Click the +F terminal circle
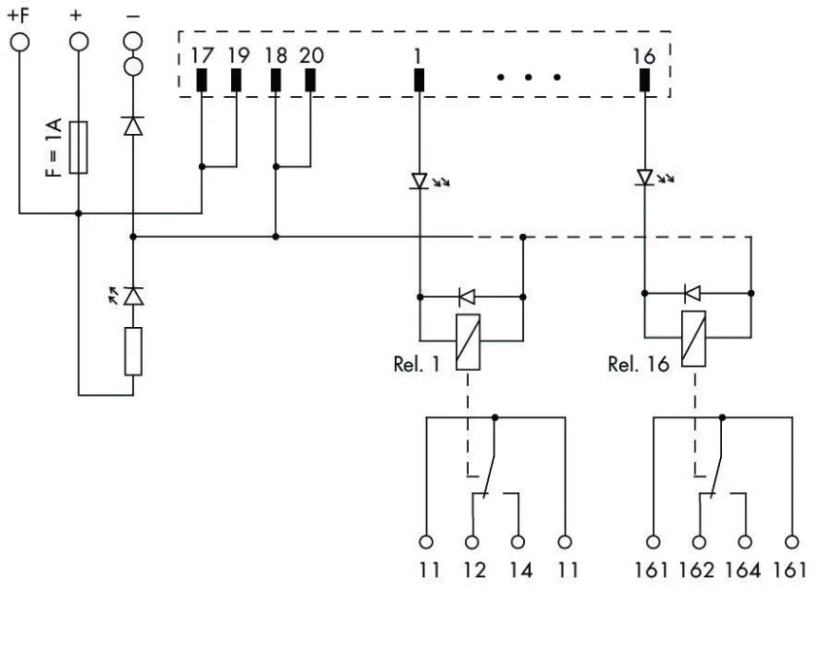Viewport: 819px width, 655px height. click(19, 42)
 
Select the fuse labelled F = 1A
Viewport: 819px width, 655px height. click(79, 147)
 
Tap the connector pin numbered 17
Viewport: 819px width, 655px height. click(202, 80)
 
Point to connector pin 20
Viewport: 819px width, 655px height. click(311, 80)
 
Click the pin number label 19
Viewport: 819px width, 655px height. click(240, 55)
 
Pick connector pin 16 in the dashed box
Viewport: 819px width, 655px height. click(644, 80)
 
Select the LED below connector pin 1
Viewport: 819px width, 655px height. click(419, 180)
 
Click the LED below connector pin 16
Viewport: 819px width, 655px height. click(645, 178)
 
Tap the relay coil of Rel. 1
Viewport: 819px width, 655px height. click(468, 343)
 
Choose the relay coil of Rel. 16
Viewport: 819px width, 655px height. click(694, 339)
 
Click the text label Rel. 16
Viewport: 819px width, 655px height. click(639, 364)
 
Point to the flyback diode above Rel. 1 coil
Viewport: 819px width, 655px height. click(467, 297)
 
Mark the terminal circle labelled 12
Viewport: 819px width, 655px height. click(472, 542)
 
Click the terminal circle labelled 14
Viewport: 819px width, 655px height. click(517, 542)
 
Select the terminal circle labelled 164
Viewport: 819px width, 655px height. click(745, 542)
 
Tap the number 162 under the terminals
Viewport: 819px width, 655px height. click(697, 570)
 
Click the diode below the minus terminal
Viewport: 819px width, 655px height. click(133, 126)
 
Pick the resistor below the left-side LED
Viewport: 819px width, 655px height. click(133, 351)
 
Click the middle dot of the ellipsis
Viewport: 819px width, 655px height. click(529, 78)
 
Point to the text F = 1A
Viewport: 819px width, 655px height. click(53, 147)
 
